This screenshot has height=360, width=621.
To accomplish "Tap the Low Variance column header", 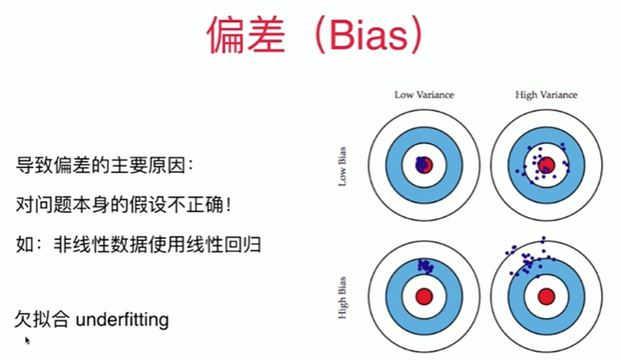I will point(424,94).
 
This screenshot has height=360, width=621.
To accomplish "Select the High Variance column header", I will point(546,94).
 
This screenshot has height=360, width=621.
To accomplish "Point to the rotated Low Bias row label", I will point(342,165).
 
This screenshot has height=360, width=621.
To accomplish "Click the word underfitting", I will point(122,318).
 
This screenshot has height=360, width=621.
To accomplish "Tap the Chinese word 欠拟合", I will point(43,318).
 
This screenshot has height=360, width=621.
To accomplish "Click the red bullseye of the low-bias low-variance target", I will point(425,165).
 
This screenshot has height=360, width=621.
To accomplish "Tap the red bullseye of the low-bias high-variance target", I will point(546,165).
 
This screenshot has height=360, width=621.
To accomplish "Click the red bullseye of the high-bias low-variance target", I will point(425,294).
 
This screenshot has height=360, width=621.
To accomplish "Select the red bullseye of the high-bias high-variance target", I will point(546,294).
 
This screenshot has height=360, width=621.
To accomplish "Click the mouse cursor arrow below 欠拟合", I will point(28,340).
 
